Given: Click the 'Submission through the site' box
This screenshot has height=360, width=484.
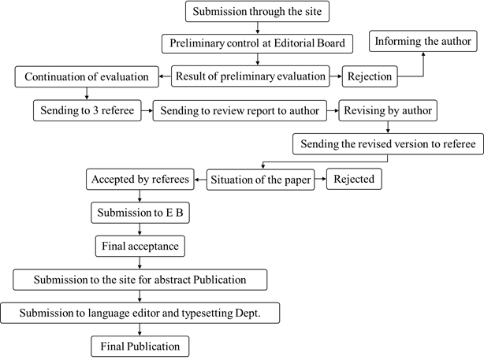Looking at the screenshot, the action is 257,11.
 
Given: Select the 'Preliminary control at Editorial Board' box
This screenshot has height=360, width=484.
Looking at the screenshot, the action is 257,43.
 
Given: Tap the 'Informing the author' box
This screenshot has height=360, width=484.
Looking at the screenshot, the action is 423,41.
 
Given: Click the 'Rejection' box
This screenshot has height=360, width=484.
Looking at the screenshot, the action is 370,76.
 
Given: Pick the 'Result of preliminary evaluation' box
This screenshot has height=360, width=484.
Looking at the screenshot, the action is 251,76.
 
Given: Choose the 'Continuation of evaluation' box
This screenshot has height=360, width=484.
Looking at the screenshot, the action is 87,76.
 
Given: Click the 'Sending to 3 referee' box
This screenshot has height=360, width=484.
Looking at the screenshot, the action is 87,110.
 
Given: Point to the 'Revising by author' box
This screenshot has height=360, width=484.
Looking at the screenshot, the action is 388,110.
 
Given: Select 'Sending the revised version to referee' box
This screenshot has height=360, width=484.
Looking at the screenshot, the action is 388,144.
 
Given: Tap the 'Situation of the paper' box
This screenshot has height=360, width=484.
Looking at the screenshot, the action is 260,180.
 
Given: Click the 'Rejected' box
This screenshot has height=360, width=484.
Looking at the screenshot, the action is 354,179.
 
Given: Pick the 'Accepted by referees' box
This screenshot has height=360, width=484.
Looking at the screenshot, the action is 140,180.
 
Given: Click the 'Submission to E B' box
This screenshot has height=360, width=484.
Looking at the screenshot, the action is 140,213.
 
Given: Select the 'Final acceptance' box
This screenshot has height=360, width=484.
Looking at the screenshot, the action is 140,246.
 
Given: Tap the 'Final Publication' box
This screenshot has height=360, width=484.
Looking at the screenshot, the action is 140,347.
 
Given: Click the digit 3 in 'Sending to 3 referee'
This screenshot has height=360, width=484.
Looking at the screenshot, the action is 95,110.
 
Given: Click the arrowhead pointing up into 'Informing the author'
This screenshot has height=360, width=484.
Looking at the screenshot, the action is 423,54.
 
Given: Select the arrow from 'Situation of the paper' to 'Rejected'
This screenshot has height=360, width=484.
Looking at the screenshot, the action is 320,179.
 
